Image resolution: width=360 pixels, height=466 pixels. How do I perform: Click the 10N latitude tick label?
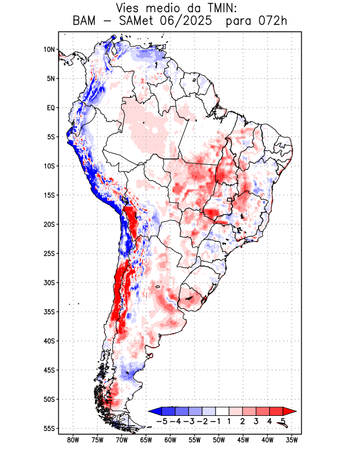click(49, 50)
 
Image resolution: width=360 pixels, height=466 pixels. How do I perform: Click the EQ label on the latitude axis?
click(51, 108)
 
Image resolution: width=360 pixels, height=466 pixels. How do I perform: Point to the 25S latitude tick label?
click(49, 253)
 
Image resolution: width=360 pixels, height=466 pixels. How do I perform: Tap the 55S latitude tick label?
click(49, 429)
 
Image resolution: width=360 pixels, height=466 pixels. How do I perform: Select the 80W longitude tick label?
click(73, 440)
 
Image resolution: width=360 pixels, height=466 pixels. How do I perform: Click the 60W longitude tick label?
click(170, 440)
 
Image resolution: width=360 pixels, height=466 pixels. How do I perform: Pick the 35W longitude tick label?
click(292, 440)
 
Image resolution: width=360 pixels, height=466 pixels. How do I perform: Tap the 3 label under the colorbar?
click(256, 421)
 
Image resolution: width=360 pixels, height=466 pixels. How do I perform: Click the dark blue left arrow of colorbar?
click(154, 411)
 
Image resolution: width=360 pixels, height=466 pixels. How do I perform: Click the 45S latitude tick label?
click(49, 370)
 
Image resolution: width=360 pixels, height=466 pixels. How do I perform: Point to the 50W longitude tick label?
click(219, 440)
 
